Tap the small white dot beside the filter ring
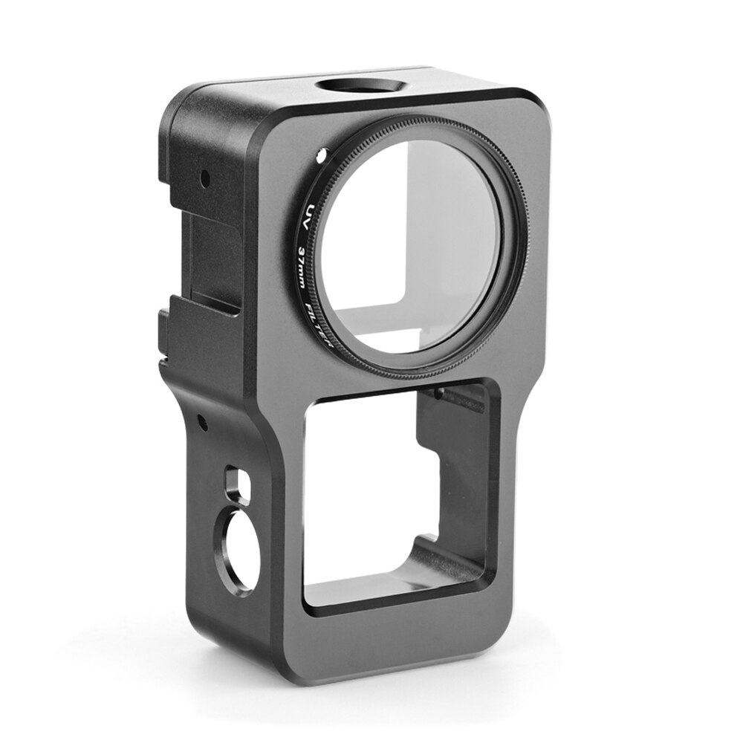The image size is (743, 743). pos(320,155)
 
